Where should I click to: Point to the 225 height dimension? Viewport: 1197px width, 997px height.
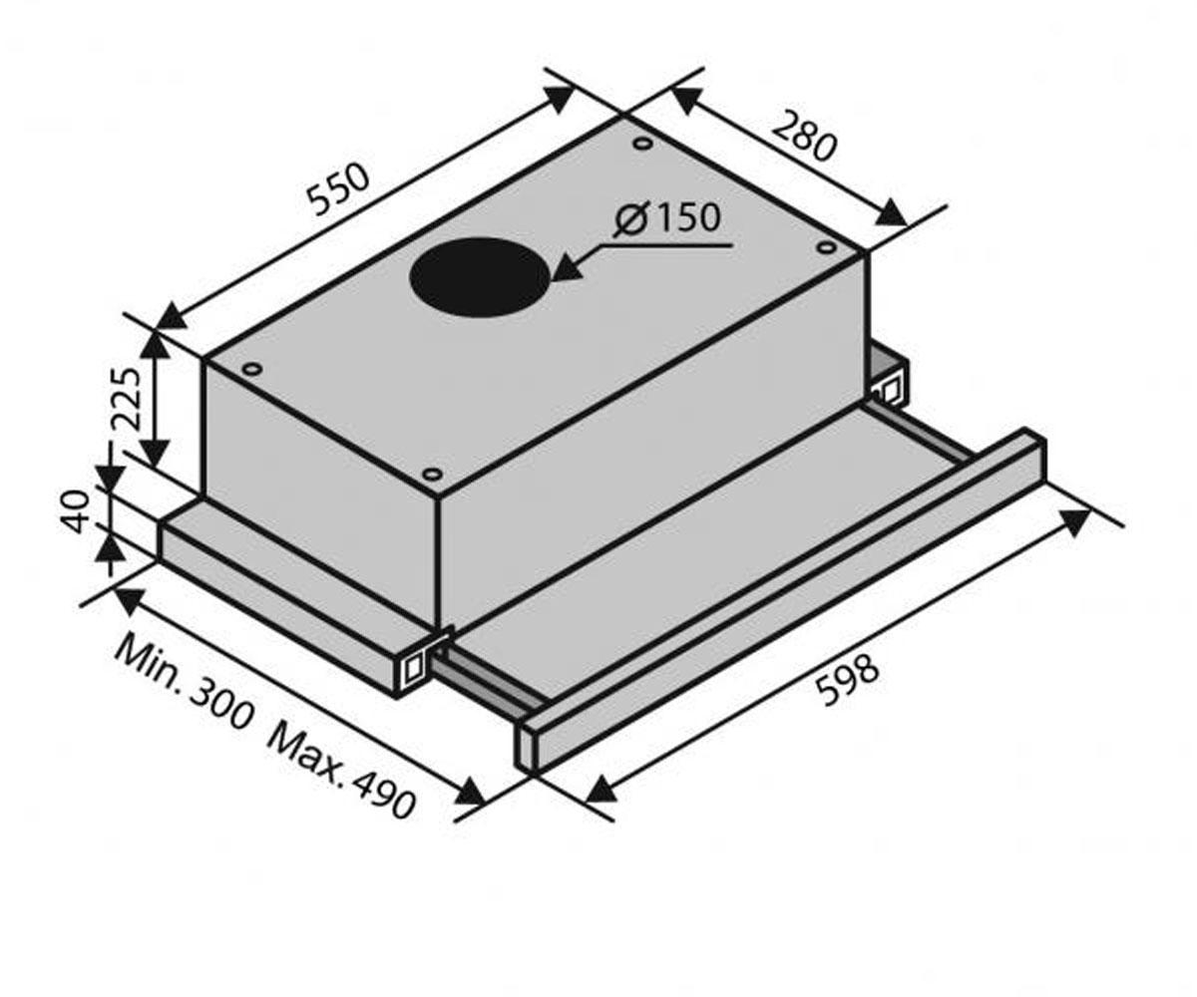click(x=126, y=399)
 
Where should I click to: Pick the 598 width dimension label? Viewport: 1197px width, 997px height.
click(x=846, y=680)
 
